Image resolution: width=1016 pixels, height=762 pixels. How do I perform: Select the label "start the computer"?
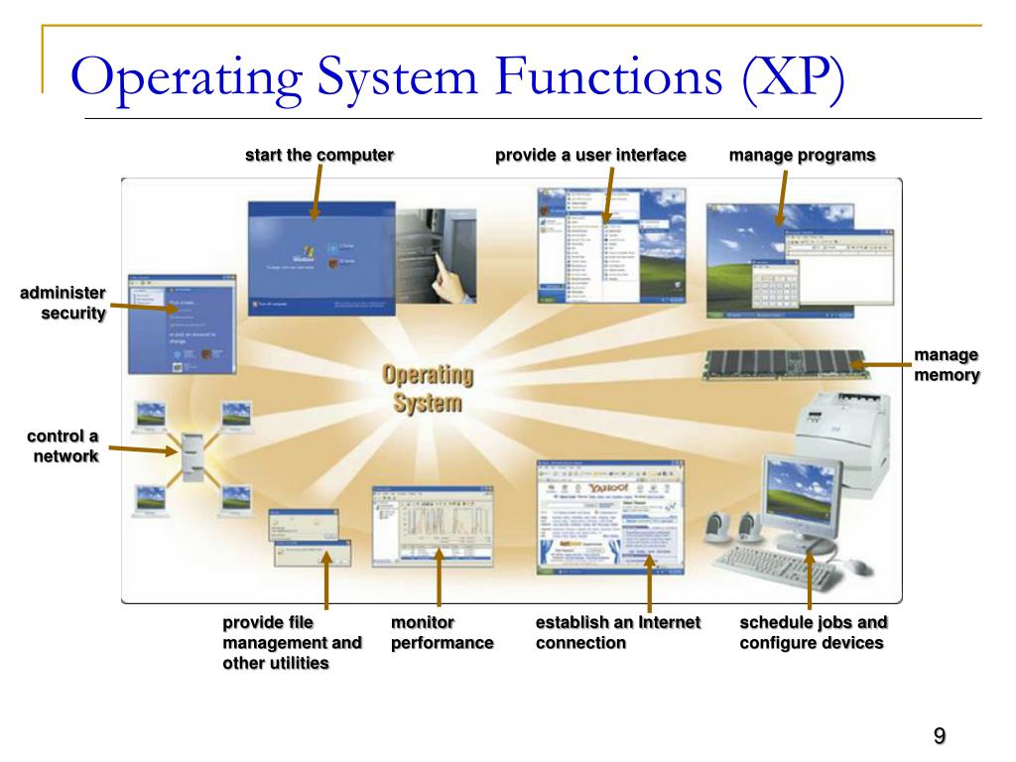point(319,155)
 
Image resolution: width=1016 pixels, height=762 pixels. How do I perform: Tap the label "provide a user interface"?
point(590,155)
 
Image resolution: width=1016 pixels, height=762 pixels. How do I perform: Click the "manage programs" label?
point(802,155)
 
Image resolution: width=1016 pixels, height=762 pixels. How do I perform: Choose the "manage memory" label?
point(947,365)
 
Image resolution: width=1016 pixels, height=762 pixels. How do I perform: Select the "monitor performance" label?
point(442,632)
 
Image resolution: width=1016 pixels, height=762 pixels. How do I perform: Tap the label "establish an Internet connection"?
point(617,632)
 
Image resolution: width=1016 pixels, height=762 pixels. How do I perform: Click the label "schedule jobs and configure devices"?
point(813,632)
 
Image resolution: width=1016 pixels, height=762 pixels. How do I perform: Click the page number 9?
point(939,736)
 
